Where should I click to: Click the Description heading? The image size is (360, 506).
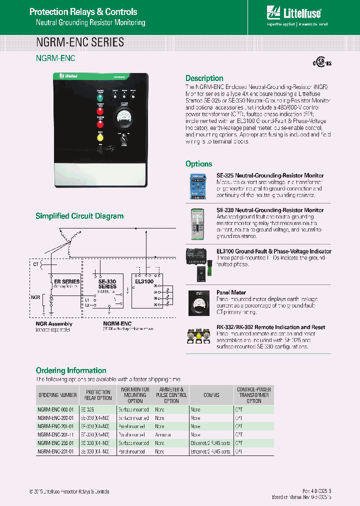click(204, 78)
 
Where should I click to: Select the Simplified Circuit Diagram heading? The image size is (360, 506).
click(79, 216)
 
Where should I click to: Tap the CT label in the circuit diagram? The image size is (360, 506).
click(35, 263)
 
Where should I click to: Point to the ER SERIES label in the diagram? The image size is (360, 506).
click(66, 281)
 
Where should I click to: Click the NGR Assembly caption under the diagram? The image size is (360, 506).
click(53, 324)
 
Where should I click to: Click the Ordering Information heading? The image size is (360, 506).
click(71, 370)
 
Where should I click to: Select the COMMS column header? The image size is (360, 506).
click(211, 394)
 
